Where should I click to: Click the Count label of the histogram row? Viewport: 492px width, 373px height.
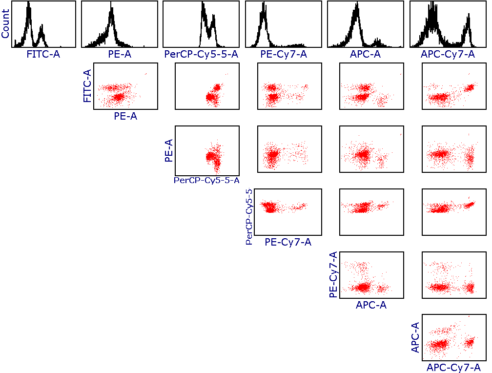[5, 24]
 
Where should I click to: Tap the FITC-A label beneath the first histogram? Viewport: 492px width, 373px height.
[43, 54]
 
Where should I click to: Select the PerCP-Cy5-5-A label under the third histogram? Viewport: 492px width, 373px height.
[201, 54]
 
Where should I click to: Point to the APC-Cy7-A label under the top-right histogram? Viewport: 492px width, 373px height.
[448, 54]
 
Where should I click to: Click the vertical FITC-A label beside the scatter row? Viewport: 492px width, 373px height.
[87, 86]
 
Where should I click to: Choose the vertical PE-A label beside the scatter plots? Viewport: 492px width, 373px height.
[169, 149]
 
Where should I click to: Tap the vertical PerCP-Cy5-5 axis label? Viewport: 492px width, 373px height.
[249, 216]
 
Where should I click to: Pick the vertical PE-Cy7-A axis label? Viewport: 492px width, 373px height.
[334, 275]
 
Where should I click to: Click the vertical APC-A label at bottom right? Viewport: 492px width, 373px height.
[415, 338]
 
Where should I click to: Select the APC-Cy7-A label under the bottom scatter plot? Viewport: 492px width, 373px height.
[454, 368]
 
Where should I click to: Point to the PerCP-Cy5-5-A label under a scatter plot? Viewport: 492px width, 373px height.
[206, 180]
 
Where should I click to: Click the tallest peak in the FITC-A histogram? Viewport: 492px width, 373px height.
[29, 5]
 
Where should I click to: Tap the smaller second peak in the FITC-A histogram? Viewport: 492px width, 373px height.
[41, 28]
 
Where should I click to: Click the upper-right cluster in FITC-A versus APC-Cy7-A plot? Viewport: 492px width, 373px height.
[471, 87]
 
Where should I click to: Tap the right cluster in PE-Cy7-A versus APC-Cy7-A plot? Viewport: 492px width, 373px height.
[471, 287]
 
